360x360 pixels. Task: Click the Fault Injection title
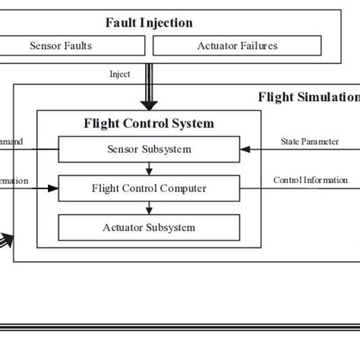[x=149, y=23]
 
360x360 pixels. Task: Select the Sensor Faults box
[x=61, y=46]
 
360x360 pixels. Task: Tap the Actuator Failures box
[x=238, y=46]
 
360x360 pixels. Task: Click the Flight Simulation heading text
[x=308, y=96]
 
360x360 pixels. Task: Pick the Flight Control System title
[x=149, y=123]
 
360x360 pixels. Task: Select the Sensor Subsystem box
[x=149, y=150]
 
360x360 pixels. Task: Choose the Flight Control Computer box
[x=149, y=188]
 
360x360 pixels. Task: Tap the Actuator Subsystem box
[x=149, y=227]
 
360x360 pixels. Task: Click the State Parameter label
[x=311, y=141]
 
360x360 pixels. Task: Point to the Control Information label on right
[x=311, y=180]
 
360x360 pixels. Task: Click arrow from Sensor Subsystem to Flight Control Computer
[x=149, y=169]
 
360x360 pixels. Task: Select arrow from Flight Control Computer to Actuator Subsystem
[x=149, y=207]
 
